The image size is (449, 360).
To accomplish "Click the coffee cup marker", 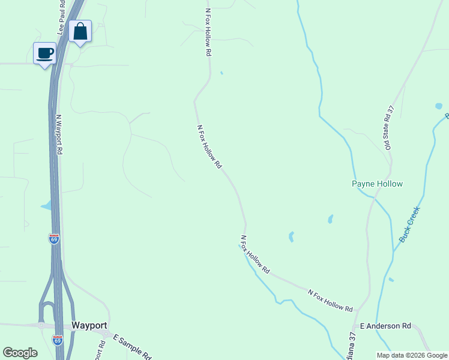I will [x=44, y=53].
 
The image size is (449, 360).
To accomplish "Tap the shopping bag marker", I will [x=80, y=32].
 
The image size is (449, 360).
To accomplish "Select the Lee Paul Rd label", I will [x=62, y=17].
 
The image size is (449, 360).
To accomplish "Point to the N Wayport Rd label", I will [x=59, y=135].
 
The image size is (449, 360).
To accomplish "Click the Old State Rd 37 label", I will [x=390, y=127].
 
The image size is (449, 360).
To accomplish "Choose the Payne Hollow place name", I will [x=377, y=184].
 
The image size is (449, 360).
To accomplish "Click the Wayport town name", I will [x=89, y=325].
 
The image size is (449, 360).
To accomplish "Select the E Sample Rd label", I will [x=131, y=346].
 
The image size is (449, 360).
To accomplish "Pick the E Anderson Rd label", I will [x=385, y=326].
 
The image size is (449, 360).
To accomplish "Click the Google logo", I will [x=20, y=353].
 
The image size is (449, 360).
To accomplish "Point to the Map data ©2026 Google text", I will [x=412, y=355].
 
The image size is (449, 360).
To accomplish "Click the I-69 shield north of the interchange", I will [x=54, y=239].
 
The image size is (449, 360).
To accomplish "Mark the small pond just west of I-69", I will [x=46, y=206].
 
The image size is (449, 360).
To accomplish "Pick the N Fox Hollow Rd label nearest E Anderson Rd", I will [x=330, y=301].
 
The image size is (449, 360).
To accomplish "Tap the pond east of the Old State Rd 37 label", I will [x=439, y=106].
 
